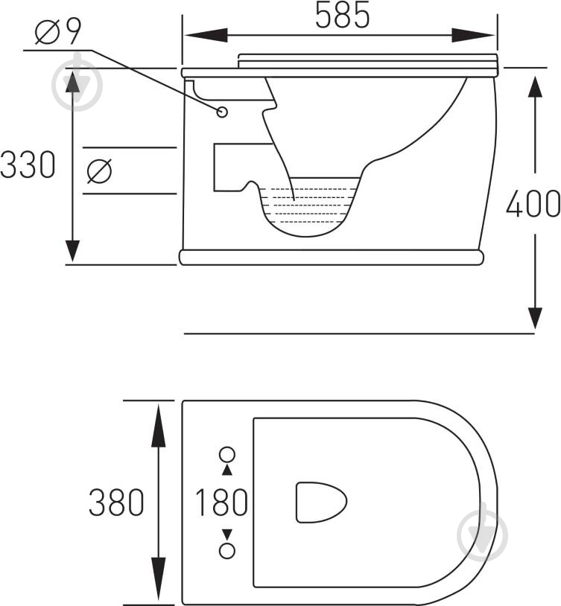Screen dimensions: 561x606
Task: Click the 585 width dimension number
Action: [x=343, y=16]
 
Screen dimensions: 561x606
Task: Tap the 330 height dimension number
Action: [x=28, y=165]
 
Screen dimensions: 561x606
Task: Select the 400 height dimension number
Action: [x=533, y=203]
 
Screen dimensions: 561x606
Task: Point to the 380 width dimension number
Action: [x=116, y=503]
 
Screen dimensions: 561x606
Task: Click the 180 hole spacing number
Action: [x=222, y=502]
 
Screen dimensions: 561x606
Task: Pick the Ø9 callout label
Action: [x=58, y=32]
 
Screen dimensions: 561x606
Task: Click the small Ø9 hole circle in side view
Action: [x=222, y=112]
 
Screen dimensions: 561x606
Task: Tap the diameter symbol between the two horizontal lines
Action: [x=99, y=170]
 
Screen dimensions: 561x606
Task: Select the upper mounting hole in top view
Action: [x=227, y=454]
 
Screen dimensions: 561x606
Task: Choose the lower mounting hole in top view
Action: [x=227, y=550]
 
